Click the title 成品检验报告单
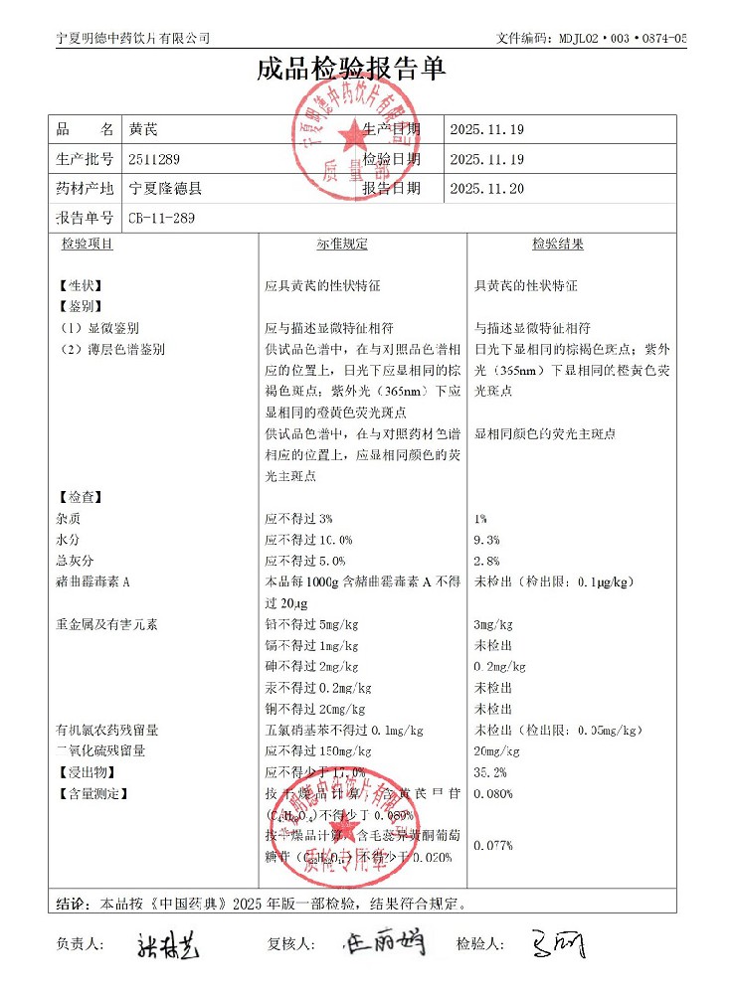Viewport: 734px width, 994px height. pos(351,69)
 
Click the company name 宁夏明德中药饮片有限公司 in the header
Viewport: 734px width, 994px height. pos(133,38)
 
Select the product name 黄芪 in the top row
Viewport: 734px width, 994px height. pos(143,130)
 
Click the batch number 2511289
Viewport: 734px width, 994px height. pos(154,159)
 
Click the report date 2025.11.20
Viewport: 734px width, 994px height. pos(486,188)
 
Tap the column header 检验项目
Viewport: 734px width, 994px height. pos(88,245)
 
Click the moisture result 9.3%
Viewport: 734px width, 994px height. pos(487,540)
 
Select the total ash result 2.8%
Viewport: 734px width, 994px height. pos(487,562)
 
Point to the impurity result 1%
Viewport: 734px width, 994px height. pos(481,519)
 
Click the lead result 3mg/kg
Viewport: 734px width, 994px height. pos(493,625)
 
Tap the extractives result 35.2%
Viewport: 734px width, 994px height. pos(490,772)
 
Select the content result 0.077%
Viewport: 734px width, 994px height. pos(493,846)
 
